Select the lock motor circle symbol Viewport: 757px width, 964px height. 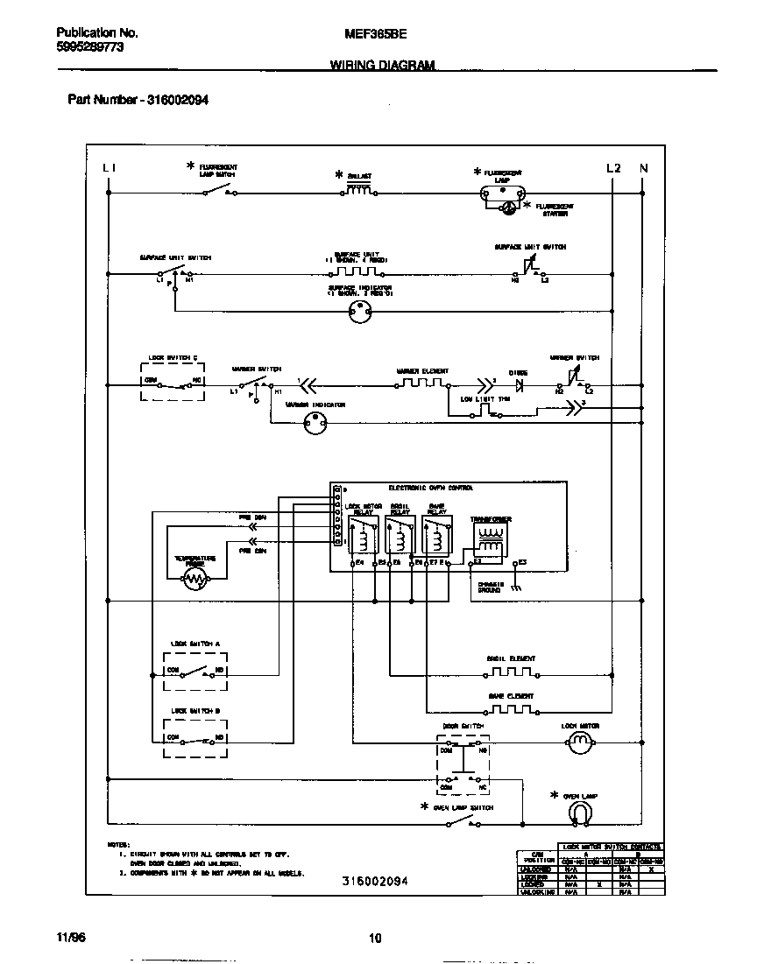pyautogui.click(x=580, y=743)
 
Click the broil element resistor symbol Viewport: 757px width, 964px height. pyautogui.click(x=511, y=674)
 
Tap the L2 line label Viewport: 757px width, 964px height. pyautogui.click(x=613, y=167)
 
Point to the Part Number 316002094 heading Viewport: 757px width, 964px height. pyautogui.click(x=138, y=100)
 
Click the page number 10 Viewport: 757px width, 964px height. pyautogui.click(x=375, y=939)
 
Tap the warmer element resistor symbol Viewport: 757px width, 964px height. pyautogui.click(x=423, y=383)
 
